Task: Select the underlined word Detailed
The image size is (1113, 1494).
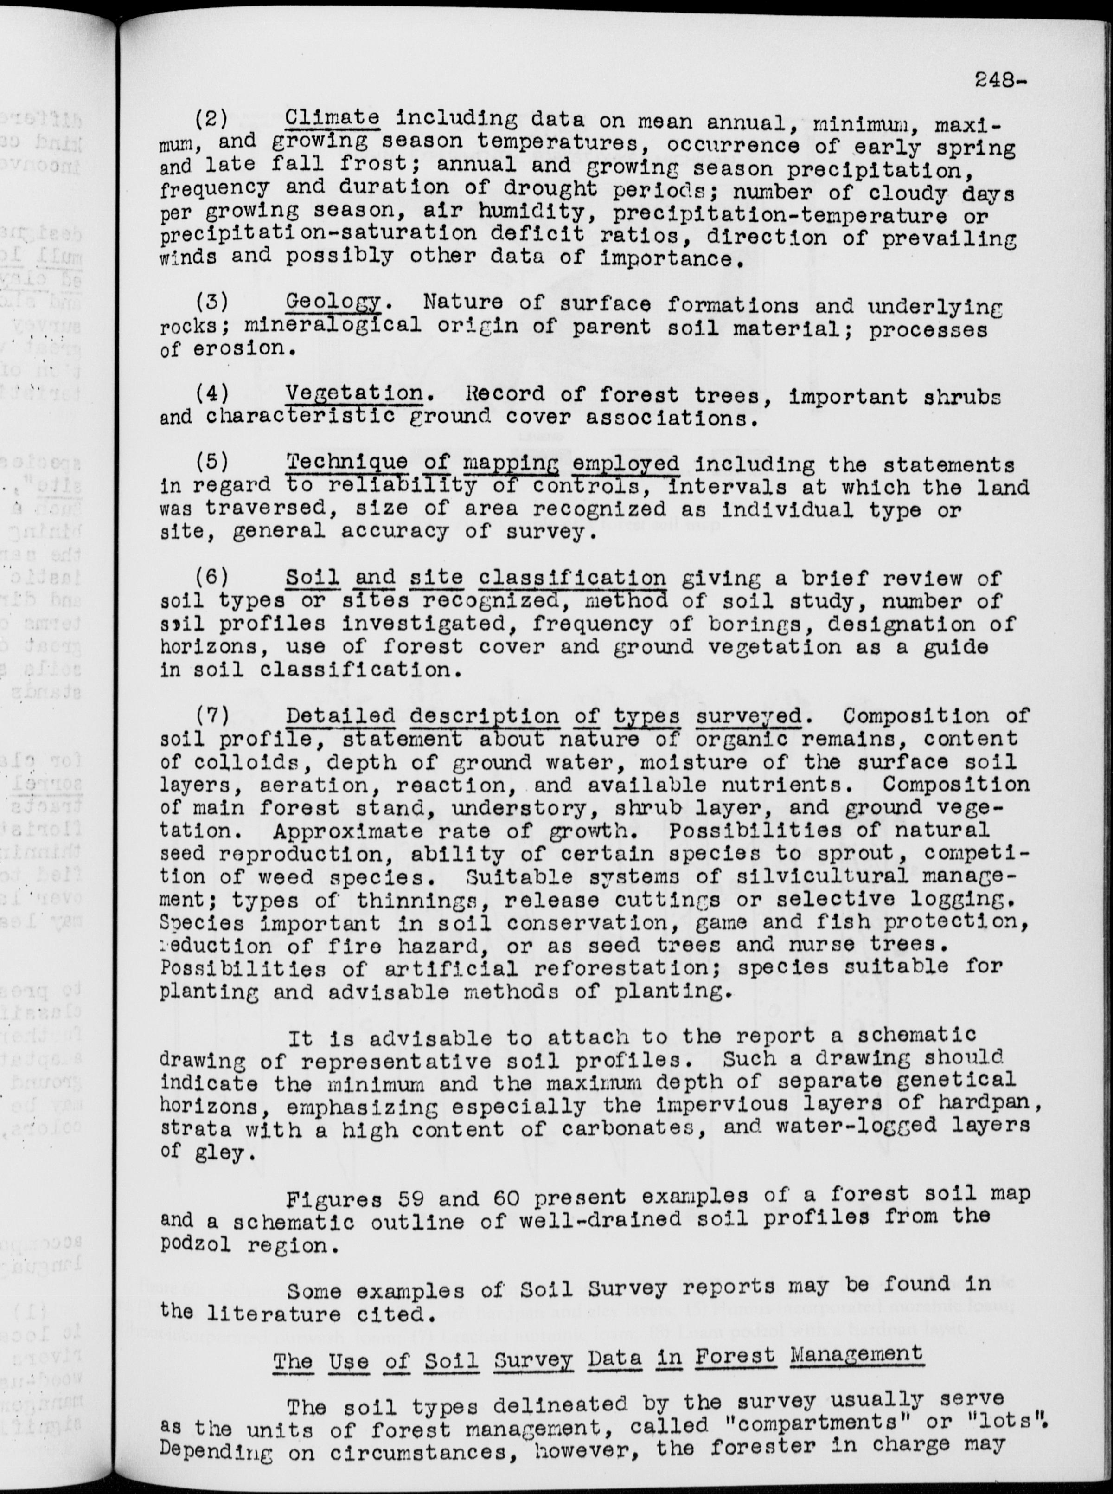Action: coord(340,715)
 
